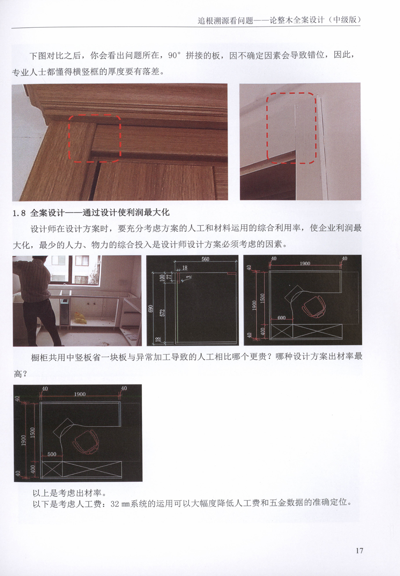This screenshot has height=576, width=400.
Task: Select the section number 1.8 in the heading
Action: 19,213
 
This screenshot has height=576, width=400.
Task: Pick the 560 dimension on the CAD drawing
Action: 205,259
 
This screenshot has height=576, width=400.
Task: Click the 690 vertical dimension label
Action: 151,309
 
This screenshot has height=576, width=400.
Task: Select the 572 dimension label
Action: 162,313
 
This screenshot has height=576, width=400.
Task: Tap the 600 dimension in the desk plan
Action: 281,318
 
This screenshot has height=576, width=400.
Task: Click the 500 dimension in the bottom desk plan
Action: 52,454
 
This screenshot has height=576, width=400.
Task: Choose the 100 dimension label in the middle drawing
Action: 162,278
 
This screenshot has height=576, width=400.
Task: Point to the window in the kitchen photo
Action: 75,270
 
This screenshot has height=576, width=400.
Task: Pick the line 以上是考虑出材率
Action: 70,493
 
